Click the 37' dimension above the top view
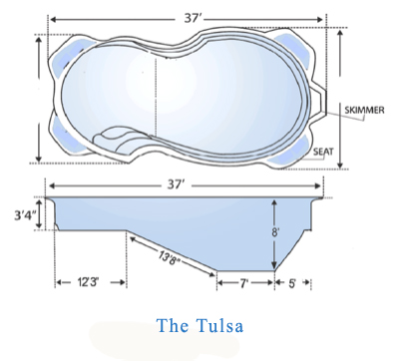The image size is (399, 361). coord(192,18)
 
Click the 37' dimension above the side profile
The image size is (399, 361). coord(175,184)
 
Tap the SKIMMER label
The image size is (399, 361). coord(364,110)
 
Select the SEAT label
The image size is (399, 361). coord(323,152)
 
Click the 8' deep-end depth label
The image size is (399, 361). coord(274,232)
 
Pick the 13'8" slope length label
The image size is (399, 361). coord(171,257)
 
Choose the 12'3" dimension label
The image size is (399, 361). coord(88,282)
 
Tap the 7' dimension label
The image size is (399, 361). coord(244,283)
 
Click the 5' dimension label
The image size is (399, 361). coord(292,283)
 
